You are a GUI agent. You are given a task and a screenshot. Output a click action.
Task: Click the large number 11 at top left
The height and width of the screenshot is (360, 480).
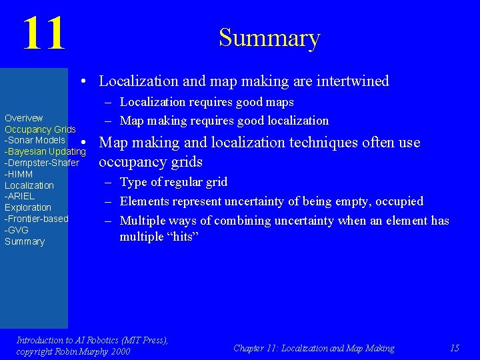tap(44, 34)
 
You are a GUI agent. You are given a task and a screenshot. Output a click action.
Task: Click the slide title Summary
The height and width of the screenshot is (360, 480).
tap(269, 38)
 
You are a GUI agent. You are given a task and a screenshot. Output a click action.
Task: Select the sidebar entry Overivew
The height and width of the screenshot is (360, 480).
tap(24, 118)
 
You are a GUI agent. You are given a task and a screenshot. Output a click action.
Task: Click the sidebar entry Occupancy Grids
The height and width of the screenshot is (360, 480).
tap(40, 129)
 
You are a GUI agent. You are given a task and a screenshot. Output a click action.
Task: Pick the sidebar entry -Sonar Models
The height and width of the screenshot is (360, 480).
tap(35, 140)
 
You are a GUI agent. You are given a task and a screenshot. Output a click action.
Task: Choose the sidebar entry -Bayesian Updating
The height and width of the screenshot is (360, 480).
tap(45, 151)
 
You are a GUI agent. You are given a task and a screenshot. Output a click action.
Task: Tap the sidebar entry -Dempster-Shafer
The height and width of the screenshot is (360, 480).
tap(41, 163)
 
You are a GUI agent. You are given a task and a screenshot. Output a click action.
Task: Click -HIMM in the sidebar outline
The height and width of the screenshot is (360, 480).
tap(19, 174)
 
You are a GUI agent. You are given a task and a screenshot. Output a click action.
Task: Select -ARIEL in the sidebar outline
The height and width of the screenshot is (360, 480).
tap(19, 196)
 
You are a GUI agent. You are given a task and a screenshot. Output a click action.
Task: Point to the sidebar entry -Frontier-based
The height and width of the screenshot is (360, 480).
tap(36, 219)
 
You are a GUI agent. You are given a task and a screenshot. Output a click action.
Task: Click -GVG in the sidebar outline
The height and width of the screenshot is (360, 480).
tap(17, 230)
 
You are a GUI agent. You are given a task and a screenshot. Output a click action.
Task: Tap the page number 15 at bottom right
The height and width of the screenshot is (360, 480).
tap(455, 348)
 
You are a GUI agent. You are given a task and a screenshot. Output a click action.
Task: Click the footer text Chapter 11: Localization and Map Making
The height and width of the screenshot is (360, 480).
tap(313, 348)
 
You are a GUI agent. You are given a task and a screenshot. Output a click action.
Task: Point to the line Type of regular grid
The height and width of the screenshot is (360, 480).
tap(173, 182)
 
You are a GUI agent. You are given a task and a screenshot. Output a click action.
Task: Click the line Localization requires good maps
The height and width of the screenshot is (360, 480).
tap(207, 102)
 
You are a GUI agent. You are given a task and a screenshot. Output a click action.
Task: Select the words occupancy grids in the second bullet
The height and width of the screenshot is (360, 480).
tap(151, 162)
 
